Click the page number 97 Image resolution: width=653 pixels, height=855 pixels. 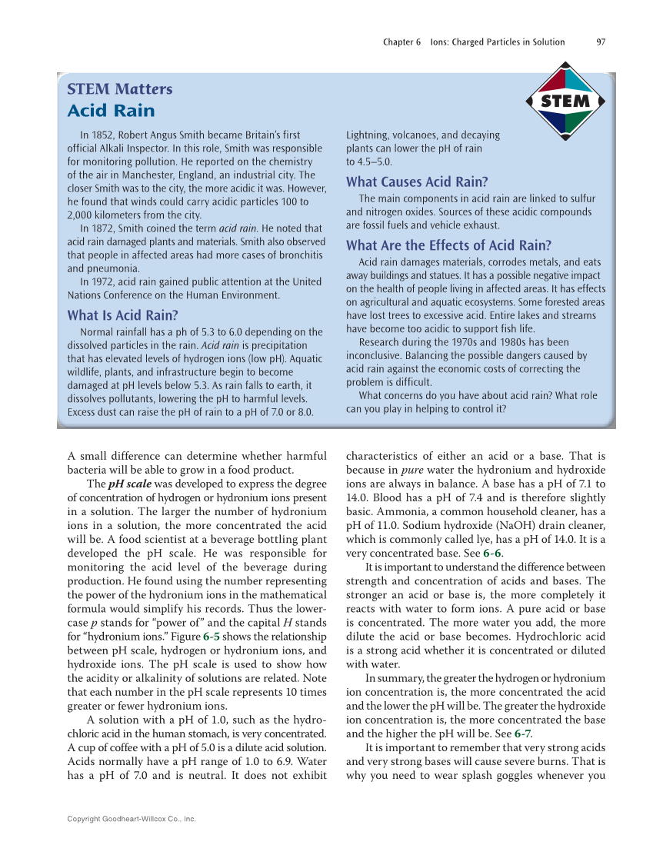point(601,42)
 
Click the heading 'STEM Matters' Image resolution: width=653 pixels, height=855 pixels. point(120,89)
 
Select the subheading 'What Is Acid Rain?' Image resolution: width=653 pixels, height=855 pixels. point(123,314)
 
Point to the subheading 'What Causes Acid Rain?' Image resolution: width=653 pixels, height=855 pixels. point(417,182)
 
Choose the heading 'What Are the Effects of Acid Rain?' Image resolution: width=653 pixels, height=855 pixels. point(448,245)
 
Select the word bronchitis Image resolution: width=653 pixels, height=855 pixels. point(297,255)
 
